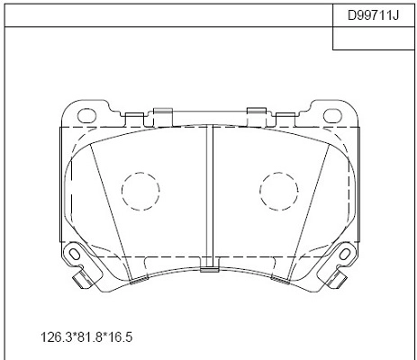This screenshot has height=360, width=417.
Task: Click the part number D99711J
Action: click(373, 15)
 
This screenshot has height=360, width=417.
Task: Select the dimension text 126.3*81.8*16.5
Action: click(86, 337)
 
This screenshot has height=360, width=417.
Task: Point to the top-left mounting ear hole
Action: click(87, 116)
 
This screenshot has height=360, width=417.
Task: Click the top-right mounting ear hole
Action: click(332, 116)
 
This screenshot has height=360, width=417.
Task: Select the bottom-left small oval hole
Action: click(74, 255)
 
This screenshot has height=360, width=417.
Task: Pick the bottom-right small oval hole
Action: click(345, 255)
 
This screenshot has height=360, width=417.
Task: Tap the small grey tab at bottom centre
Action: click(210, 270)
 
